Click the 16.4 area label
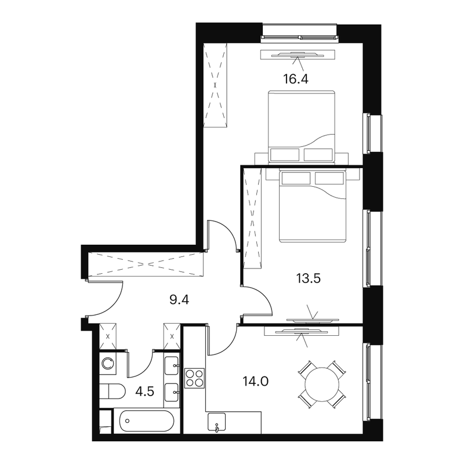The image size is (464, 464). click(296, 79)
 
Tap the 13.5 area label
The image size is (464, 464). click(309, 278)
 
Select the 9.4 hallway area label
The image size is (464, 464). click(179, 300)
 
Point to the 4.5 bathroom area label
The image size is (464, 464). click(144, 391)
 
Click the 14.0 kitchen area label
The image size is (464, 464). click(255, 382)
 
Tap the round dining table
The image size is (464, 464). click(322, 385)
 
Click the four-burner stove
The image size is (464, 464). click(194, 378)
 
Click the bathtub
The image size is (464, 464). click(147, 421)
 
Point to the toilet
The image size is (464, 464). click(112, 391)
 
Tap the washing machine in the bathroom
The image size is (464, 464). click(108, 364)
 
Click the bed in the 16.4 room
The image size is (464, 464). click(302, 126)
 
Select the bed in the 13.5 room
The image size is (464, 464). click(313, 206)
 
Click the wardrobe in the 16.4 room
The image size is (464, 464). click(215, 85)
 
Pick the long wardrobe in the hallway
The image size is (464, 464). click(146, 264)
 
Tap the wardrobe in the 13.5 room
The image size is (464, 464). click(252, 218)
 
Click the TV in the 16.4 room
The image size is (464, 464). click(298, 55)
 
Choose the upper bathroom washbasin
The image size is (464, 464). click(172, 366)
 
